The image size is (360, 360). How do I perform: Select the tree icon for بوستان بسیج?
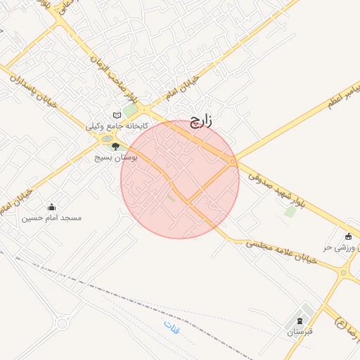[115, 146]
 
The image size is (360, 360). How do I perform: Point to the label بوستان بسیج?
[117, 157]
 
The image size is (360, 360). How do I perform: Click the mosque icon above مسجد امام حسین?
[51, 207]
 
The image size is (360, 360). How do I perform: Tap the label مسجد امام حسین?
[51, 218]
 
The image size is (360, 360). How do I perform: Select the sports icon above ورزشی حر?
[348, 236]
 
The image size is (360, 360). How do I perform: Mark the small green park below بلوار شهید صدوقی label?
[290, 210]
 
